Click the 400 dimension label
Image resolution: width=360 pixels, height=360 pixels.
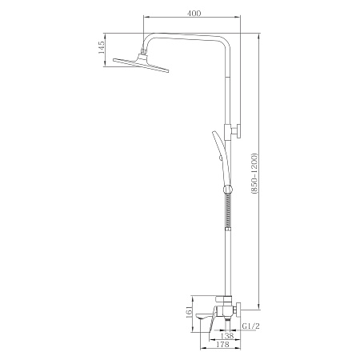click(x=194, y=13)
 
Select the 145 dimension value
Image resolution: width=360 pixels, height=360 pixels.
click(x=102, y=48)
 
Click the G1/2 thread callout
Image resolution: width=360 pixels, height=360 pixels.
click(x=250, y=326)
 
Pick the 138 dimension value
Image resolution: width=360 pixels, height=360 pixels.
click(x=227, y=336)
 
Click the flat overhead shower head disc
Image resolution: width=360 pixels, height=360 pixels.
click(x=141, y=65)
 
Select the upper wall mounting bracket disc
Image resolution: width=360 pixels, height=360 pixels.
click(x=239, y=131)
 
